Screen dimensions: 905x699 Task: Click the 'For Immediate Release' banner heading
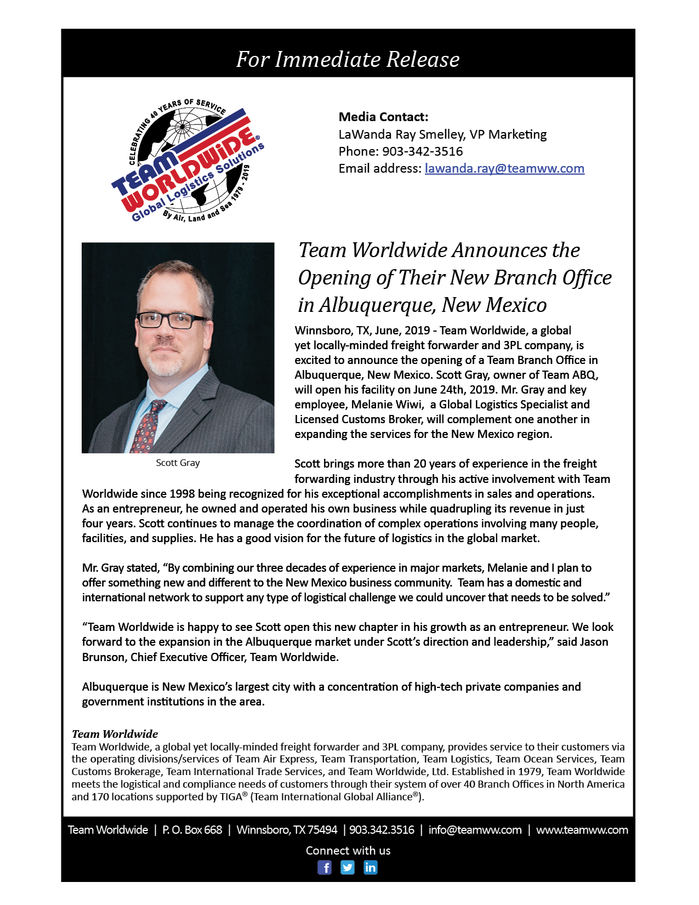click(348, 59)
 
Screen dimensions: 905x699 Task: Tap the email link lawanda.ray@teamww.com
click(504, 168)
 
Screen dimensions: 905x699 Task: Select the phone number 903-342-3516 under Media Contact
click(422, 151)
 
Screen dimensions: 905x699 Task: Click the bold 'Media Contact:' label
click(383, 117)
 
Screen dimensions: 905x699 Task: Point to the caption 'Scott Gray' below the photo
click(178, 463)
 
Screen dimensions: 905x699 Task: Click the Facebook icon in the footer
click(325, 867)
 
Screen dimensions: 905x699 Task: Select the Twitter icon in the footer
click(348, 867)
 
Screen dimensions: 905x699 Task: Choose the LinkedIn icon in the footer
click(371, 867)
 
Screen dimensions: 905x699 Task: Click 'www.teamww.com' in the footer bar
click(582, 830)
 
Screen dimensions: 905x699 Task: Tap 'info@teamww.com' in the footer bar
click(475, 830)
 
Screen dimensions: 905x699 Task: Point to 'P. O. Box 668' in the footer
click(192, 830)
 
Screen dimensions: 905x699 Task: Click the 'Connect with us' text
click(348, 851)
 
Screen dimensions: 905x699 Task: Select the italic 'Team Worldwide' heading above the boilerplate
click(115, 734)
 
